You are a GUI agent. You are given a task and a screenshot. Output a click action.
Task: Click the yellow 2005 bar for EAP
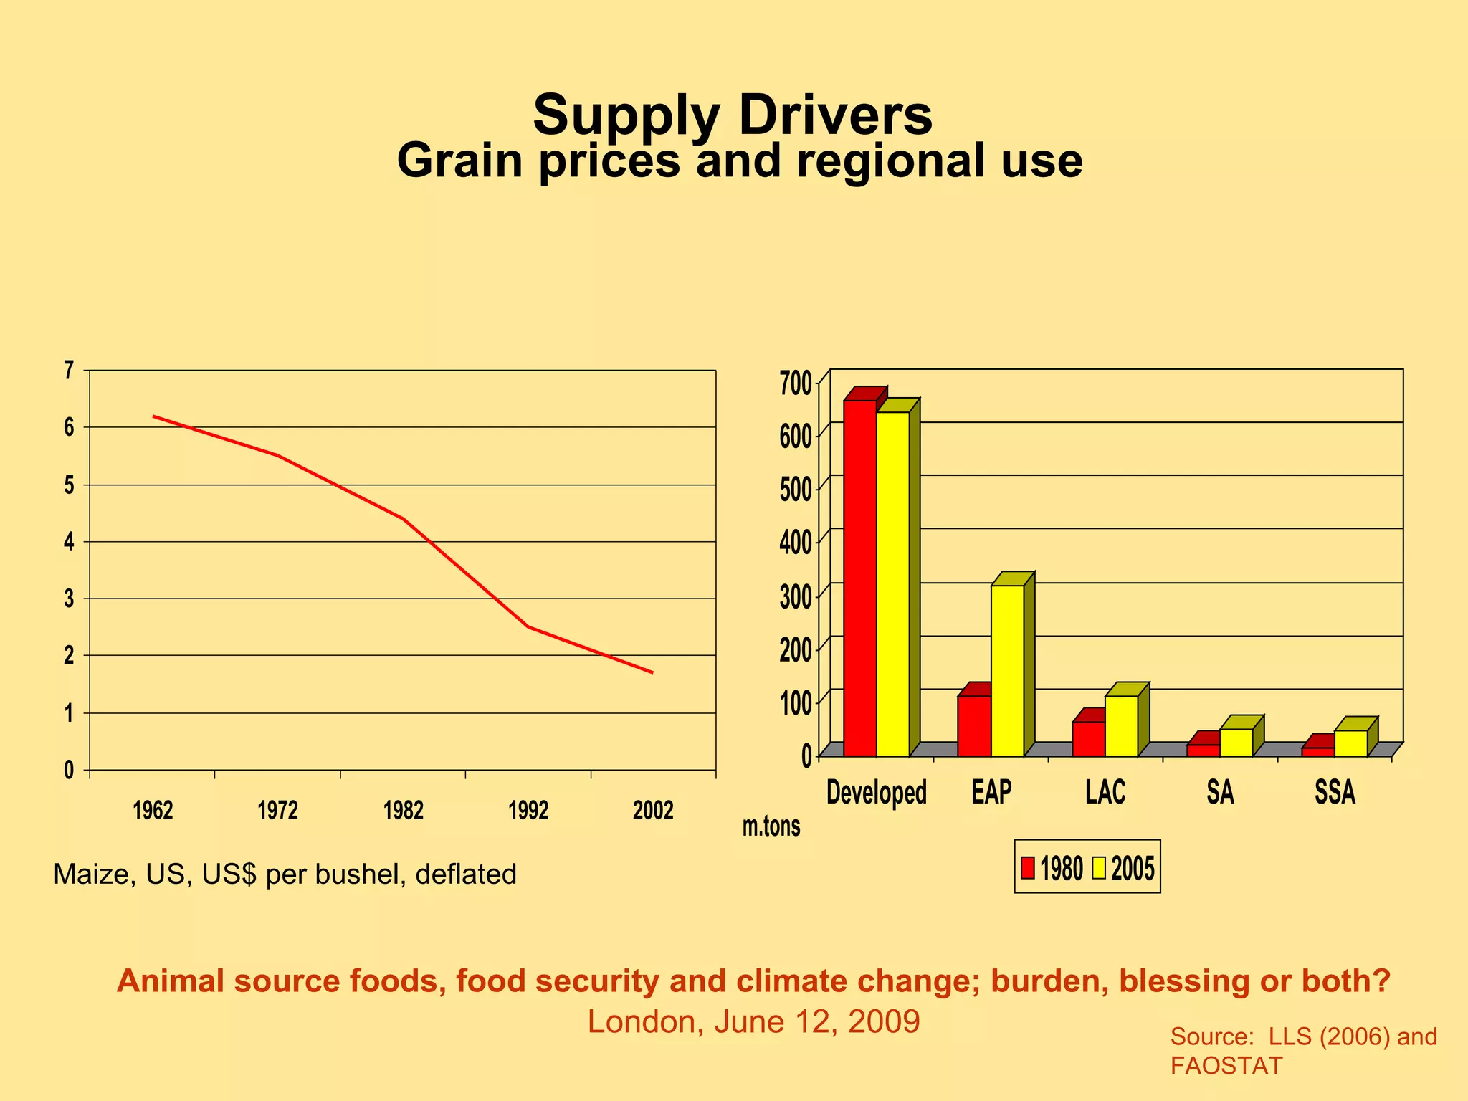coord(1007,670)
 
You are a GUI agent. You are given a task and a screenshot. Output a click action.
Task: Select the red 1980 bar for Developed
coord(859,578)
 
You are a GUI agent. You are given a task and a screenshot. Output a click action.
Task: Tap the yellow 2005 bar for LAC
coord(1121,725)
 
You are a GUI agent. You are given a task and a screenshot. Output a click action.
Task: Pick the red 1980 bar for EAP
coord(974,725)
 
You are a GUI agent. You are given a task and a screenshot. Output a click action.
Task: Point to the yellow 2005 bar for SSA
coord(1350,743)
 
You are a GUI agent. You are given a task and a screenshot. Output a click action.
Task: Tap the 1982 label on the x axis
coord(404,811)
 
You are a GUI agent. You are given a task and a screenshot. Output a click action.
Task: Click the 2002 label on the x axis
coord(653,811)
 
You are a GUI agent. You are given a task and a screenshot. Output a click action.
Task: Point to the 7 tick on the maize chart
coord(69,371)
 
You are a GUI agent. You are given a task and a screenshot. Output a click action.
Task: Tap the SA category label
coord(1220,792)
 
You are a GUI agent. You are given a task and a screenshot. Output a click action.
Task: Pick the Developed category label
coord(876,792)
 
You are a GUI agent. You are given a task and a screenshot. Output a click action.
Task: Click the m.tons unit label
coord(771,826)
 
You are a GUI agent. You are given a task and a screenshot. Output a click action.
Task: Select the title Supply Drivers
coord(733,115)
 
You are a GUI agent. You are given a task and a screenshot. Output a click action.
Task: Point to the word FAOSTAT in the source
coord(1226,1066)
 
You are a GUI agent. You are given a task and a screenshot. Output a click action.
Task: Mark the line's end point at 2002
coord(652,672)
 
